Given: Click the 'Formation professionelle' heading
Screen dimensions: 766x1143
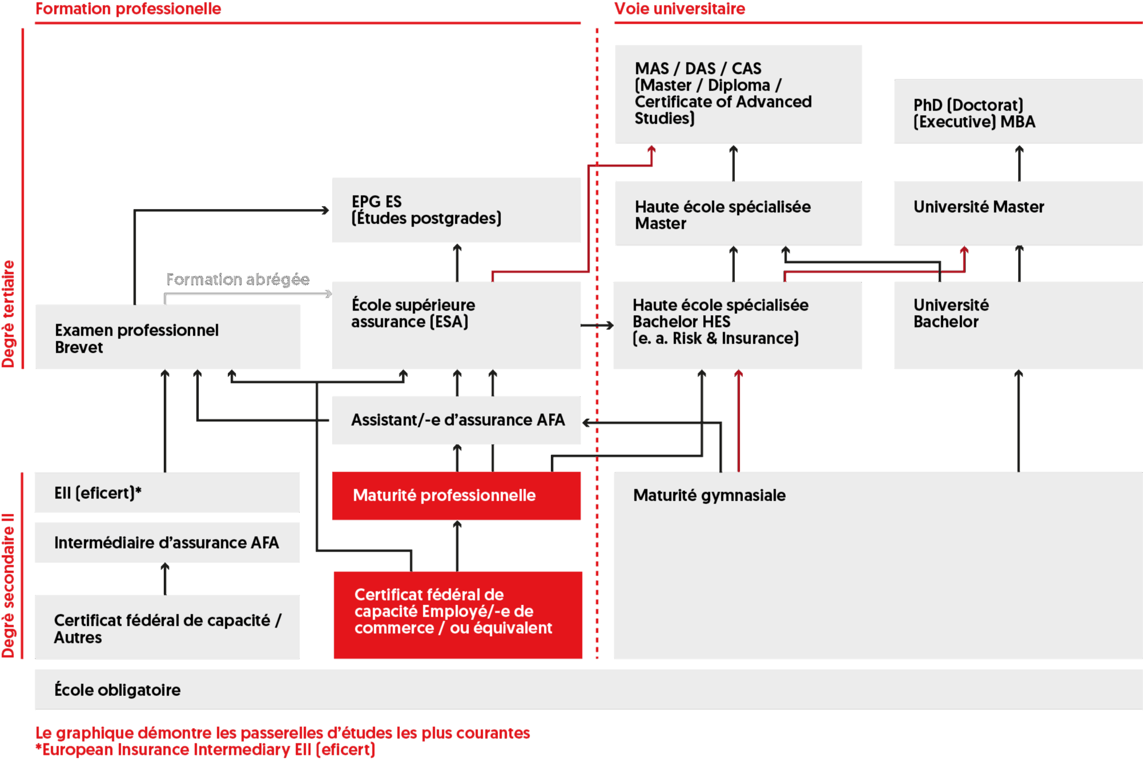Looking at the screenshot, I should tap(128, 9).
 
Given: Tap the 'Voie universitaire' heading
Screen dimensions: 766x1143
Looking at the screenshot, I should tap(679, 9).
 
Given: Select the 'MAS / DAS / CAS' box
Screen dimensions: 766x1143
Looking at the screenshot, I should tap(738, 94).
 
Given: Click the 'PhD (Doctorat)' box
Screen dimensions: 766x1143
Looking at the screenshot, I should tap(1018, 112).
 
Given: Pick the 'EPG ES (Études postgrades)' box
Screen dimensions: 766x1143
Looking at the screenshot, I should tap(456, 210).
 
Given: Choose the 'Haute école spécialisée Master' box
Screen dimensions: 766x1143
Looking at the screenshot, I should tap(738, 214).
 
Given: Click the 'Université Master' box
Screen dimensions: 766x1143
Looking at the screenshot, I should tap(1018, 213).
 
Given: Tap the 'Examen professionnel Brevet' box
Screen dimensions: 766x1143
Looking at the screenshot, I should tap(167, 337).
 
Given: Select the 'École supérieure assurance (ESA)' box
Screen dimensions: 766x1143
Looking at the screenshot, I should tap(456, 325).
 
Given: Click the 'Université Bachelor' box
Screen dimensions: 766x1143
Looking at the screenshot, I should tap(1018, 325).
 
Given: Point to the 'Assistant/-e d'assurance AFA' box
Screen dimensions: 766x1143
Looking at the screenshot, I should tap(456, 420).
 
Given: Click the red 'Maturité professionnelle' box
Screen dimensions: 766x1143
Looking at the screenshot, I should tap(456, 495).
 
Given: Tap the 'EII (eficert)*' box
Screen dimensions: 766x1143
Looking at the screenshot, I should tap(167, 492).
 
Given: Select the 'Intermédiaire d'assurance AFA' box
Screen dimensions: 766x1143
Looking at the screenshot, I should tap(167, 542).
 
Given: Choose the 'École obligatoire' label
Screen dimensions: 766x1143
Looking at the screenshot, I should tap(117, 690).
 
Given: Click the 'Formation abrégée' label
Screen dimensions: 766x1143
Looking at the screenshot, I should tap(238, 279).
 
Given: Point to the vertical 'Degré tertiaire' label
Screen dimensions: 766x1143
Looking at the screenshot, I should tap(9, 314).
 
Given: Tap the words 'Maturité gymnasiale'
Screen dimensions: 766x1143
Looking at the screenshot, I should tap(709, 495).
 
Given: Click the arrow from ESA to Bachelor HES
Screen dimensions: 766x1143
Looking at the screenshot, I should tap(597, 325).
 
